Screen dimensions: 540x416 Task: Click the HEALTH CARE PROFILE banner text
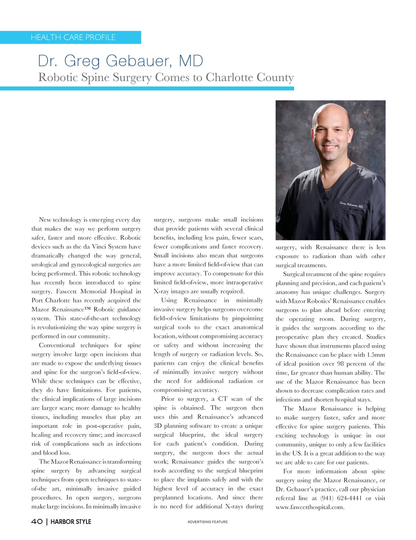[x=73, y=37]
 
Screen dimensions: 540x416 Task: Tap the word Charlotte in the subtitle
[x=229, y=77]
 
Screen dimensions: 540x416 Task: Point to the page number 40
[x=37, y=521]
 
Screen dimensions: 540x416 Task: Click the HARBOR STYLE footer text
[x=71, y=521]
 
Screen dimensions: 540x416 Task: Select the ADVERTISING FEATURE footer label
[x=208, y=522]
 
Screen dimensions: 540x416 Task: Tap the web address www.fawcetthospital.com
[x=310, y=507]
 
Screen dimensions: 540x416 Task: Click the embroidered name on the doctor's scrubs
[x=351, y=205]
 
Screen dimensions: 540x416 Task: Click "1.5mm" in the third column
[x=375, y=355]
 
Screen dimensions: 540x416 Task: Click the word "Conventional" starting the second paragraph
[x=57, y=345]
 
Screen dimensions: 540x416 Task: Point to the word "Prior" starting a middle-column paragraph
[x=168, y=399]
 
